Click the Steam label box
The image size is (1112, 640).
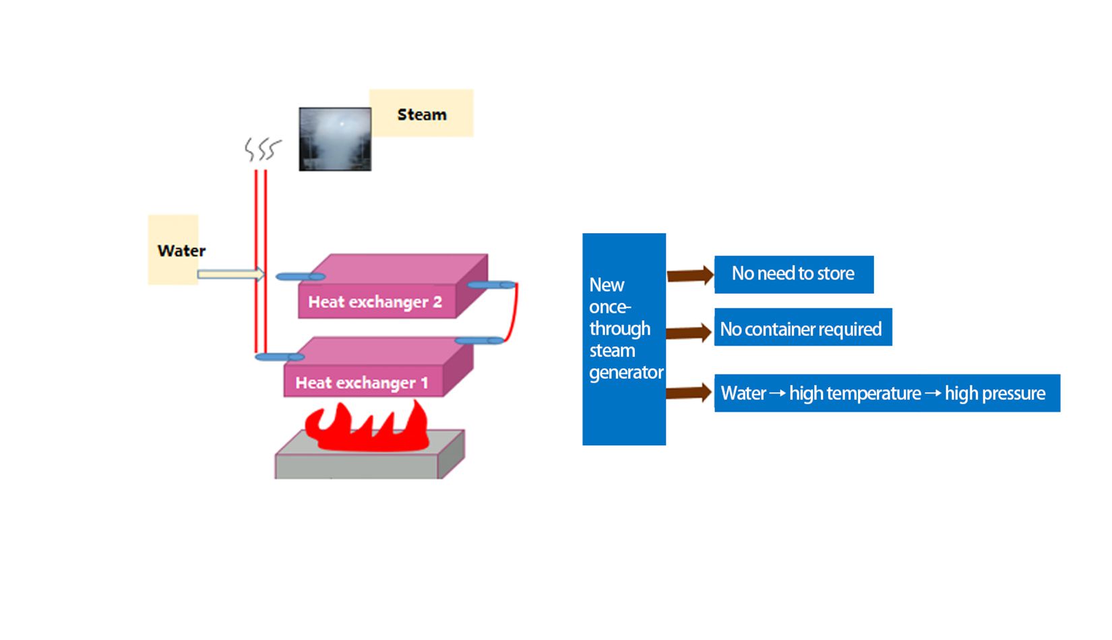(x=421, y=114)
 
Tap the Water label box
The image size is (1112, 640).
(x=173, y=250)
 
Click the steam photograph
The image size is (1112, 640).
(x=335, y=139)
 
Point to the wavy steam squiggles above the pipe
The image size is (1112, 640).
(x=262, y=149)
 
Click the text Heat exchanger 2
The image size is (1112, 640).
(x=375, y=302)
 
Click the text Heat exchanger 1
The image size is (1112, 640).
(x=361, y=383)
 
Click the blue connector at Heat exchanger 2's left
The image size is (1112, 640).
(x=301, y=276)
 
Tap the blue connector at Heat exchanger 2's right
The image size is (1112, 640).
(x=491, y=285)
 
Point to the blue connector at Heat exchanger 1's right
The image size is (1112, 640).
(x=479, y=341)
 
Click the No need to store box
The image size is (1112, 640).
(x=793, y=274)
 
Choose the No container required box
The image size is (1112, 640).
(x=802, y=328)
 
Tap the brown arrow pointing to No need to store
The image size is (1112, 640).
(x=689, y=275)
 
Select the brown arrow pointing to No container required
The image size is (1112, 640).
(x=688, y=332)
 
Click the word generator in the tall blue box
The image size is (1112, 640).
(x=626, y=372)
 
